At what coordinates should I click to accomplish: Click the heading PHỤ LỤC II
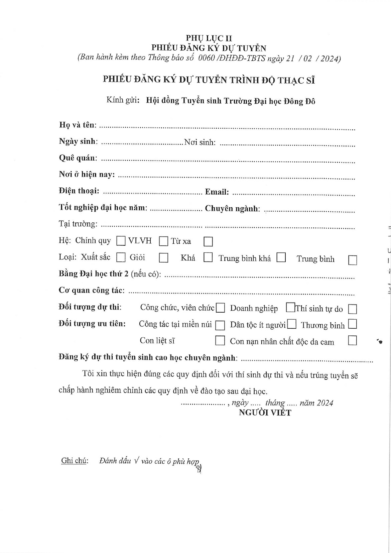coord(209,38)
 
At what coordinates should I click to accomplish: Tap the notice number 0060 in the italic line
coord(206,58)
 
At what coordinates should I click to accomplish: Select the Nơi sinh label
coord(200,142)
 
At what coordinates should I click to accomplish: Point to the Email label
coord(217,192)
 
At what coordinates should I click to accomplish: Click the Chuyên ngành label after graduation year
coord(232,209)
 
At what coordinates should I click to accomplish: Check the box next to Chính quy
coord(121,241)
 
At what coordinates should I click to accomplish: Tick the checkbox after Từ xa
coord(208,241)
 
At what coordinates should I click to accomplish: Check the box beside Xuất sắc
coord(121,257)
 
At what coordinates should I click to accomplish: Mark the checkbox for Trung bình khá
coord(281,257)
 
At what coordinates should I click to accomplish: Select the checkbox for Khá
coord(208,257)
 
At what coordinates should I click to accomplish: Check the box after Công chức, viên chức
coord(220,308)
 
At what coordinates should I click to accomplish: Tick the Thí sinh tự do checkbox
coord(352,309)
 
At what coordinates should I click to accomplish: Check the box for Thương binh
coord(352,324)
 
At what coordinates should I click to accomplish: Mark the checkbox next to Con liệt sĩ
coord(220,341)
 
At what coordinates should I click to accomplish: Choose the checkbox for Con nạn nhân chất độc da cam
coord(352,341)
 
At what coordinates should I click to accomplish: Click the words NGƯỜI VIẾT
coord(265,413)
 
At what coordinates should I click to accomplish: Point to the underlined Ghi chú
coord(75,461)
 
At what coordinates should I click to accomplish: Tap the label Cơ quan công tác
coord(92,290)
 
